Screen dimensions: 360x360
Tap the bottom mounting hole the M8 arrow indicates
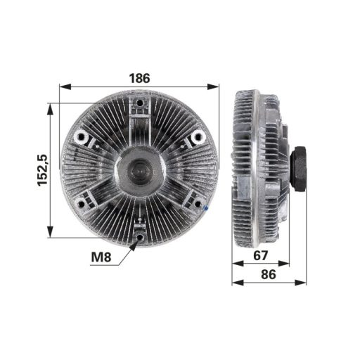[141, 237]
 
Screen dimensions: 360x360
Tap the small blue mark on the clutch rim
[205, 209]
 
